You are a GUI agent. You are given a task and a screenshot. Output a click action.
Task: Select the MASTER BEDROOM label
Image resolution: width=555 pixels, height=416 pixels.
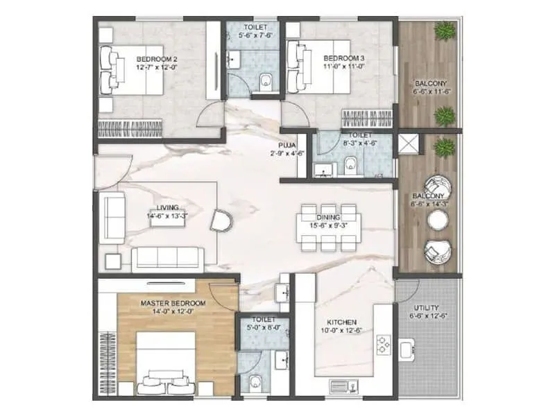173,304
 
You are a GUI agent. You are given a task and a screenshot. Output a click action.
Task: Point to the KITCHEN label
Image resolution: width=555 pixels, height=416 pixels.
342,322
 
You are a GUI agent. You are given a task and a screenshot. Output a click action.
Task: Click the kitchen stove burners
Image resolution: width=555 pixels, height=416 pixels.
383,345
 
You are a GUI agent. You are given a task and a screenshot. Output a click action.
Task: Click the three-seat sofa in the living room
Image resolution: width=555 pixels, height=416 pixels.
167,257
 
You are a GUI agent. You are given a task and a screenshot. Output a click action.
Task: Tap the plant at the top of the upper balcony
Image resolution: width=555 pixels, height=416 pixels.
445,31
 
